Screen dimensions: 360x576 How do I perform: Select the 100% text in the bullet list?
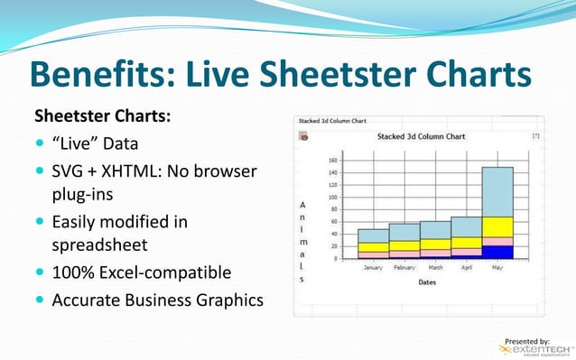[72, 272]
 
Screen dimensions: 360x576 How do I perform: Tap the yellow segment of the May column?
[497, 226]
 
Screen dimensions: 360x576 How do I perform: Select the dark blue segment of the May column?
[497, 252]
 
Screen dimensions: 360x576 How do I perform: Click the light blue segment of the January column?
[372, 235]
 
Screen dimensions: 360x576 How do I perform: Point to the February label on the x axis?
[404, 268]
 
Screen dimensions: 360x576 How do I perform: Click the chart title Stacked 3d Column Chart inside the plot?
[421, 137]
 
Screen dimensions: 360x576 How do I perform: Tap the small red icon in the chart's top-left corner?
[303, 136]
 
